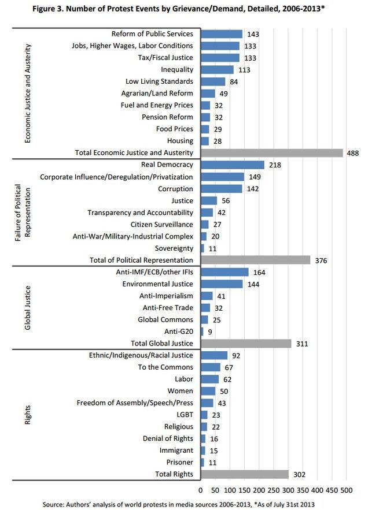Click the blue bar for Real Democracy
click(x=233, y=165)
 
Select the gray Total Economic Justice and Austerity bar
click(x=272, y=153)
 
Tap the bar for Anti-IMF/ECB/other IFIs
click(x=225, y=272)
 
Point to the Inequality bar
click(x=218, y=70)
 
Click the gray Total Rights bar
click(x=245, y=475)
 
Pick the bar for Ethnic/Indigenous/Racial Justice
click(x=214, y=356)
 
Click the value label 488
click(x=353, y=153)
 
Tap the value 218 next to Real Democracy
click(x=275, y=165)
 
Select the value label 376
click(x=321, y=260)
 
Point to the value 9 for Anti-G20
click(x=210, y=332)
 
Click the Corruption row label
click(x=175, y=189)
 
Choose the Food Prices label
click(x=175, y=129)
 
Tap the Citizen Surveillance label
click(x=162, y=225)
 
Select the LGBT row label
click(x=185, y=415)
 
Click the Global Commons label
click(x=165, y=320)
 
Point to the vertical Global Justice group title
click(x=28, y=308)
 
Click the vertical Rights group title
click(x=28, y=415)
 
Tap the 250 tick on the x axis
click(x=274, y=490)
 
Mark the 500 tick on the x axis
click(x=347, y=490)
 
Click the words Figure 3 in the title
click(x=47, y=9)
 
